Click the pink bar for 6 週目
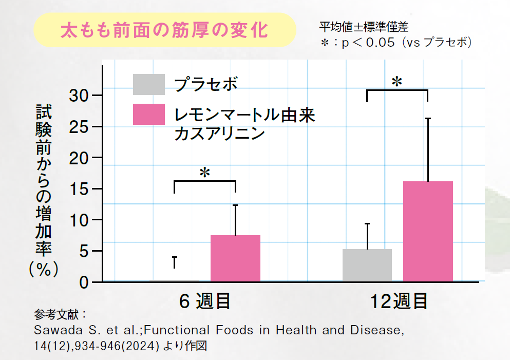coord(235,258)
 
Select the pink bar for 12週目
coord(428,231)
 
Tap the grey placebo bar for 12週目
coord(367,265)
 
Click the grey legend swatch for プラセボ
coord(149,85)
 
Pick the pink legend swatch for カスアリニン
coord(149,114)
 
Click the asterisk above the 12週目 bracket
coord(396,82)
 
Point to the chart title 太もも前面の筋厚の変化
coord(164,30)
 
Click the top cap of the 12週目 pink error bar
coord(428,119)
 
